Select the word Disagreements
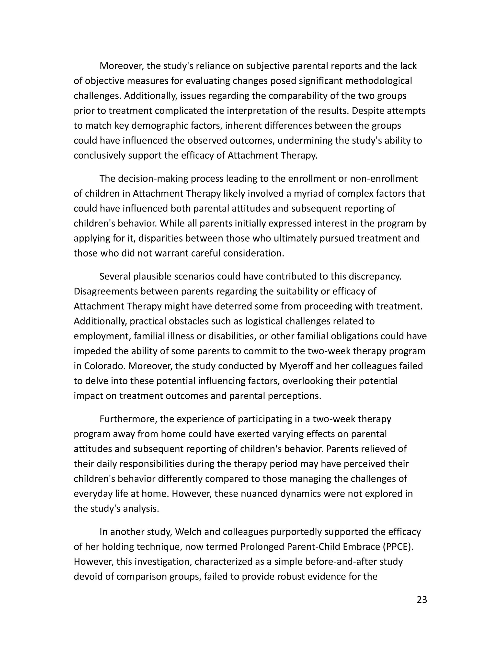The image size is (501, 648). click(x=106, y=291)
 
